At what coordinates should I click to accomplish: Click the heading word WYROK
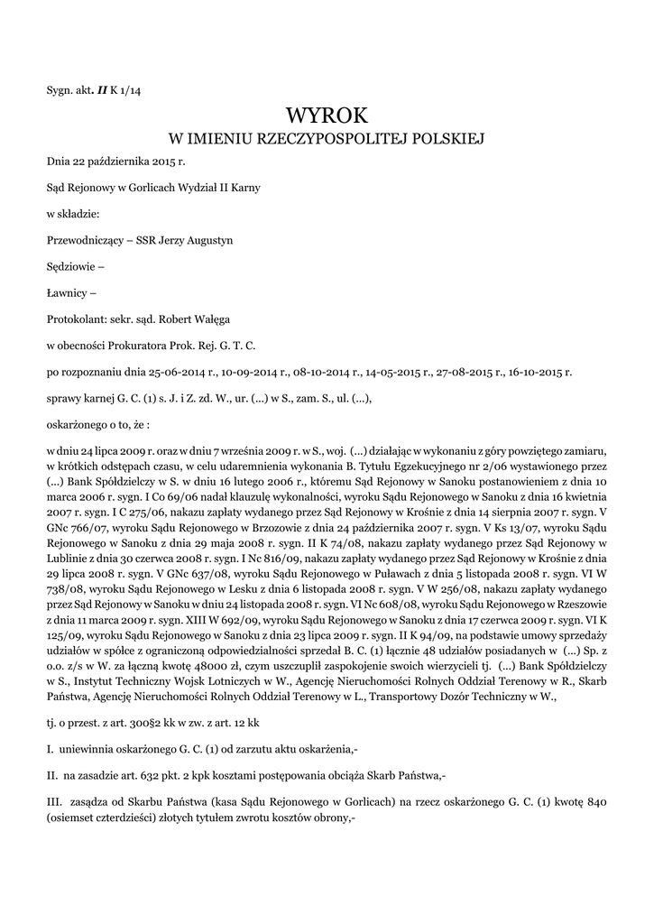coord(327,115)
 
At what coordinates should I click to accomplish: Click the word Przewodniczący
coord(84,240)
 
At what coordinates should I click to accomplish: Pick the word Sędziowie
coord(71,266)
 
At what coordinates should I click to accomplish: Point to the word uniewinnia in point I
coord(93,749)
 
